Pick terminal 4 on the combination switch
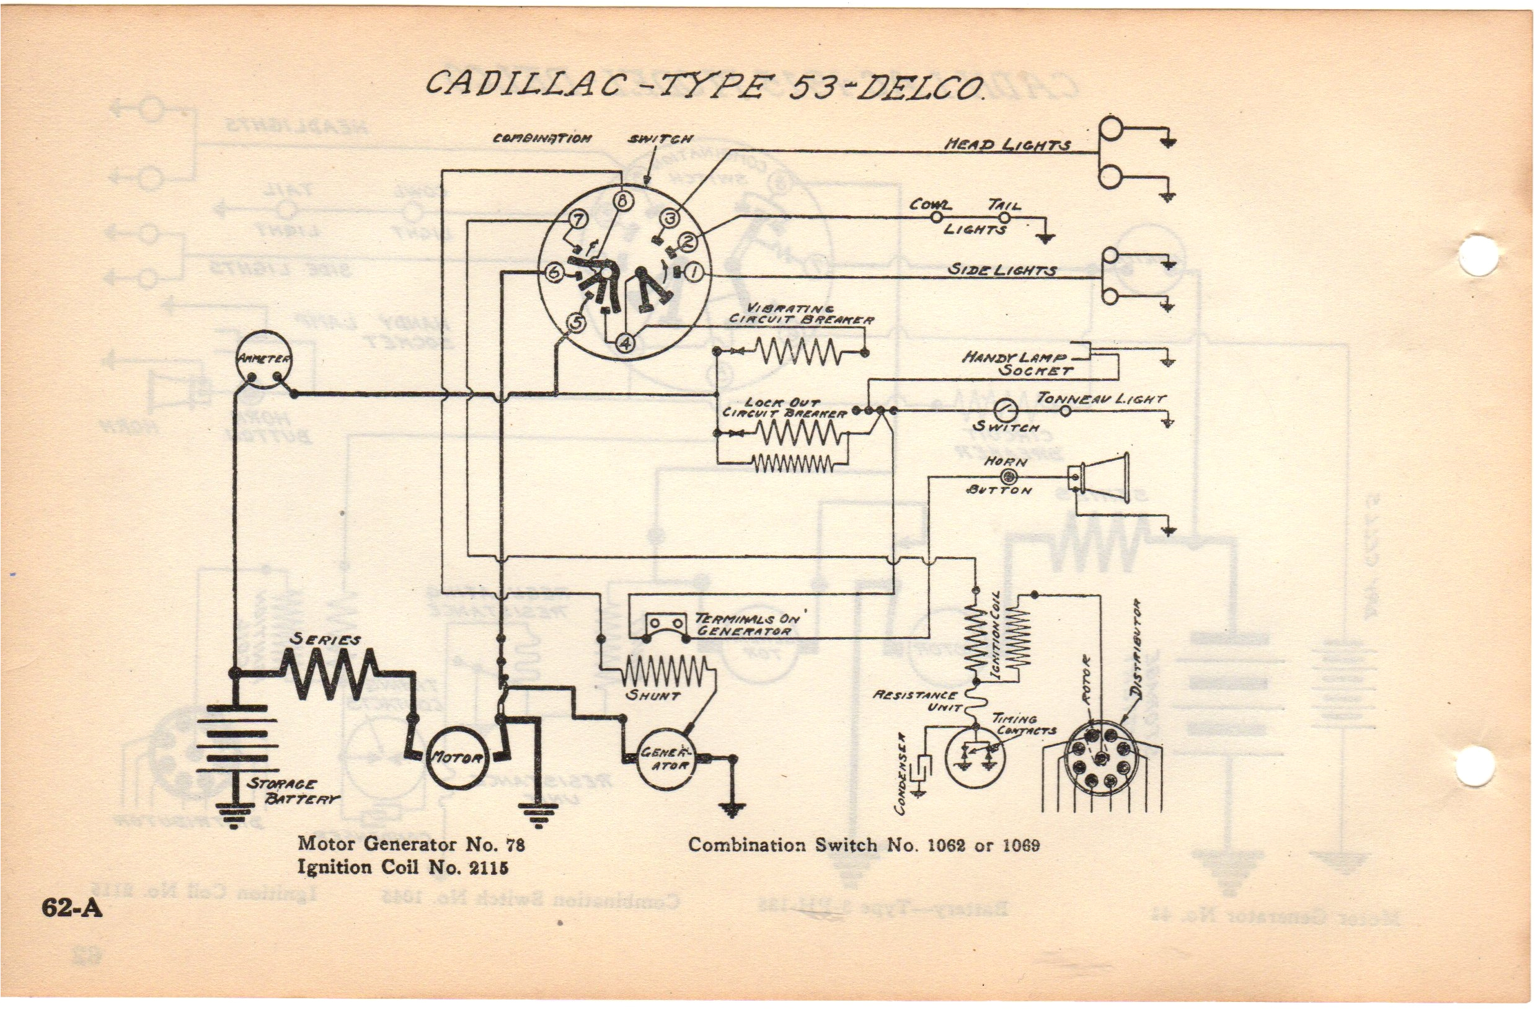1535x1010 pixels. click(x=626, y=342)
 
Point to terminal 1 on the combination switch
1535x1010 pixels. click(x=693, y=272)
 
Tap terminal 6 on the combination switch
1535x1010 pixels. click(x=554, y=272)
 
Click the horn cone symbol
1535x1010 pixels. click(x=1104, y=478)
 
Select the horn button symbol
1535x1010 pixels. click(x=1007, y=477)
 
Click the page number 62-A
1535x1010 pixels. click(x=71, y=908)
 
